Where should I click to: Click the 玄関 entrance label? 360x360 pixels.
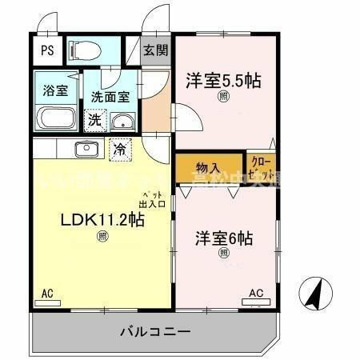click(x=156, y=51)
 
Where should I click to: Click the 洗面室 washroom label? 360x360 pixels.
click(x=110, y=96)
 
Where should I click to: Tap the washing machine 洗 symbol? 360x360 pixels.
click(x=94, y=122)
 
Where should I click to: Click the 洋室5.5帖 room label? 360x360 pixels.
click(x=224, y=81)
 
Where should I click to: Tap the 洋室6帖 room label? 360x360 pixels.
click(x=224, y=238)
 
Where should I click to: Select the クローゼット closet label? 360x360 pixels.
click(x=262, y=168)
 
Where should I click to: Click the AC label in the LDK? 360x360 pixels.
click(x=47, y=294)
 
